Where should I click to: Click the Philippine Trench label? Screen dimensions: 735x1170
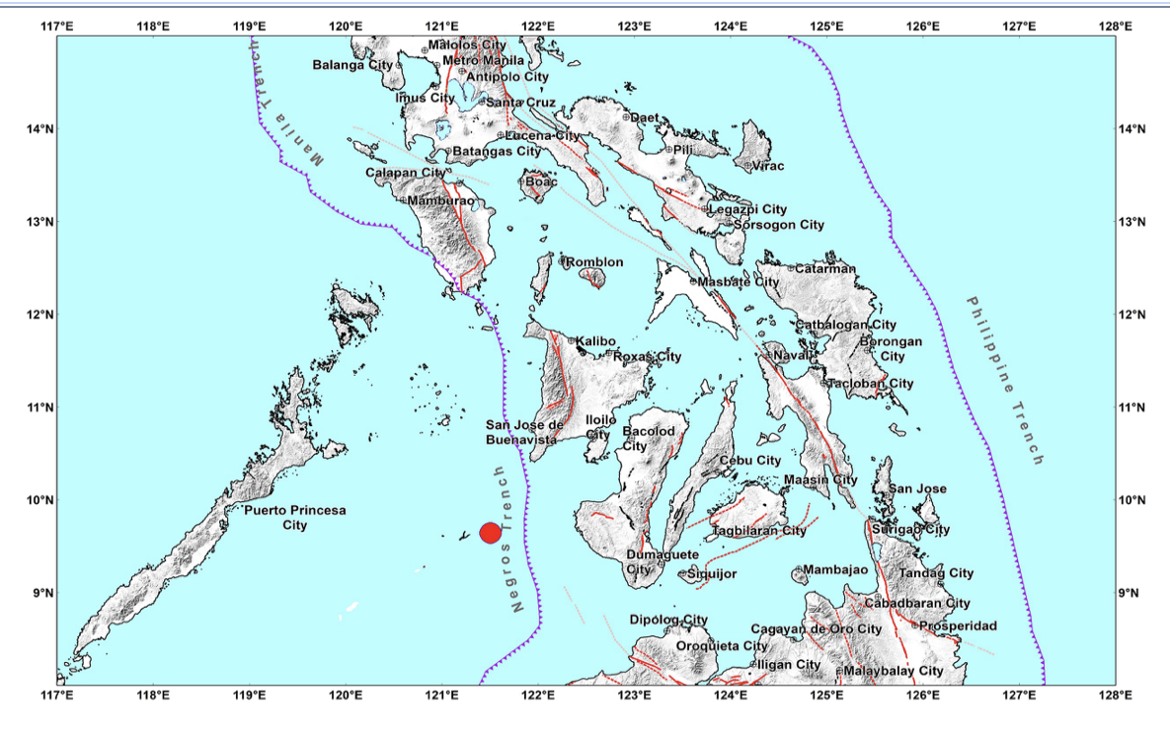(x=1005, y=380)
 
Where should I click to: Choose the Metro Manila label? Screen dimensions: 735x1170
(x=484, y=60)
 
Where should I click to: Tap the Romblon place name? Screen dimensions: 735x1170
(x=594, y=262)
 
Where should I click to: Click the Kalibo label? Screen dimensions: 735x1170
(x=595, y=341)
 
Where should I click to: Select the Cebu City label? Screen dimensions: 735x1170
(x=749, y=461)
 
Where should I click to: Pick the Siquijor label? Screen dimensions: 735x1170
(x=712, y=573)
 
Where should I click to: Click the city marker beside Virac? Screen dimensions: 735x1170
(x=748, y=165)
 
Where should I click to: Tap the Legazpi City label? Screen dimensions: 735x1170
(x=747, y=209)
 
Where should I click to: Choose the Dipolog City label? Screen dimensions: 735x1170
(x=668, y=620)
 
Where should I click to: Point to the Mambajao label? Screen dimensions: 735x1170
(x=834, y=570)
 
